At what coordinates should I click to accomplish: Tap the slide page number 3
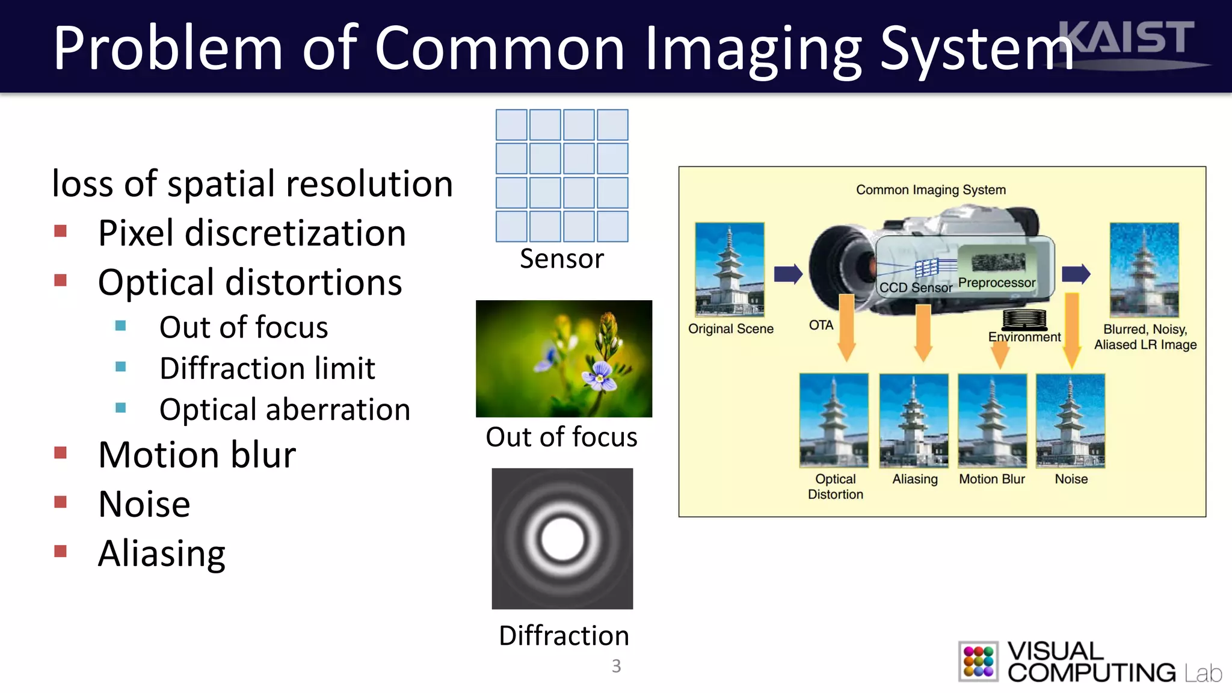point(616,666)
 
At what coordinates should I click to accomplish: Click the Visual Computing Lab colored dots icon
point(978,661)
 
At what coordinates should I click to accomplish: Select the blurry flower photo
point(564,359)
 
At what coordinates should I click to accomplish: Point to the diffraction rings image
point(562,538)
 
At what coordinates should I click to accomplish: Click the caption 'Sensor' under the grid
point(561,259)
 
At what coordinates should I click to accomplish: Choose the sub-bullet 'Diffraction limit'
point(267,368)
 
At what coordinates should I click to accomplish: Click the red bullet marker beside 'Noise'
point(60,502)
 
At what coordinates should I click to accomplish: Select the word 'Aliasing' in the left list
point(162,553)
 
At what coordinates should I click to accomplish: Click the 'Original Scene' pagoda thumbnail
point(729,269)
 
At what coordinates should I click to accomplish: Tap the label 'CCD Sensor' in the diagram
point(915,288)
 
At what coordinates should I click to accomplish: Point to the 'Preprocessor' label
point(996,283)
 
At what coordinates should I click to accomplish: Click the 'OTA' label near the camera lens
point(821,325)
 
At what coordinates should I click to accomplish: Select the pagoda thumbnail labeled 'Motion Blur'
point(992,420)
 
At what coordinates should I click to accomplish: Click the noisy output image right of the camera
point(1144,269)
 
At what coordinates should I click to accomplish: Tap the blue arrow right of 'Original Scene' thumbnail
point(788,274)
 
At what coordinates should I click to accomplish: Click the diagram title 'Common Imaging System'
point(931,190)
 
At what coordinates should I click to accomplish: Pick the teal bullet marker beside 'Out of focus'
point(121,326)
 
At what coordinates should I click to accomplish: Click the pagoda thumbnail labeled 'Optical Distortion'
point(834,420)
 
